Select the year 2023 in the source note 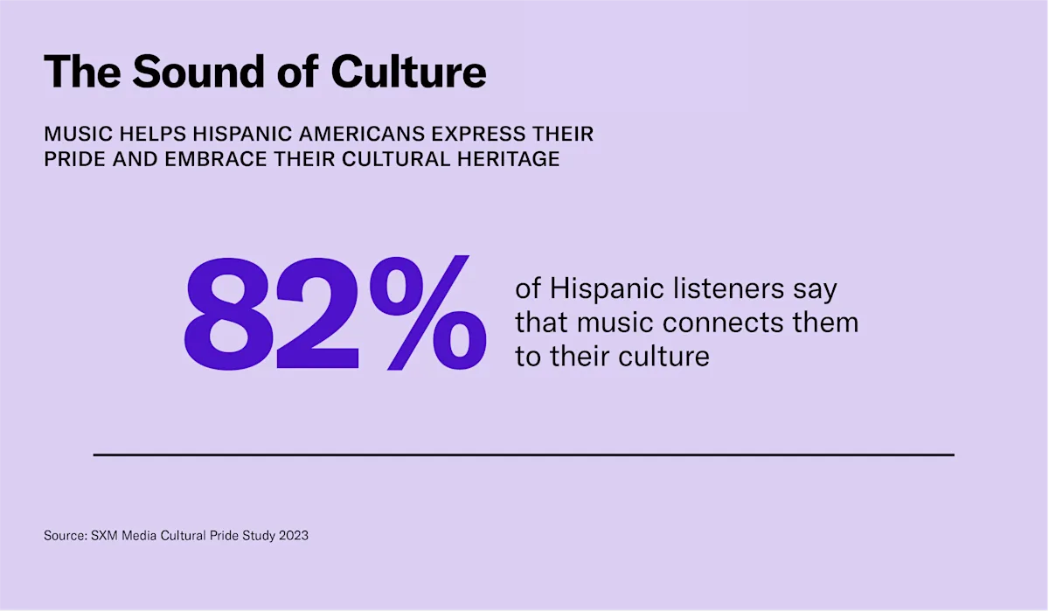[293, 535]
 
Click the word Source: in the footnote [65, 535]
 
